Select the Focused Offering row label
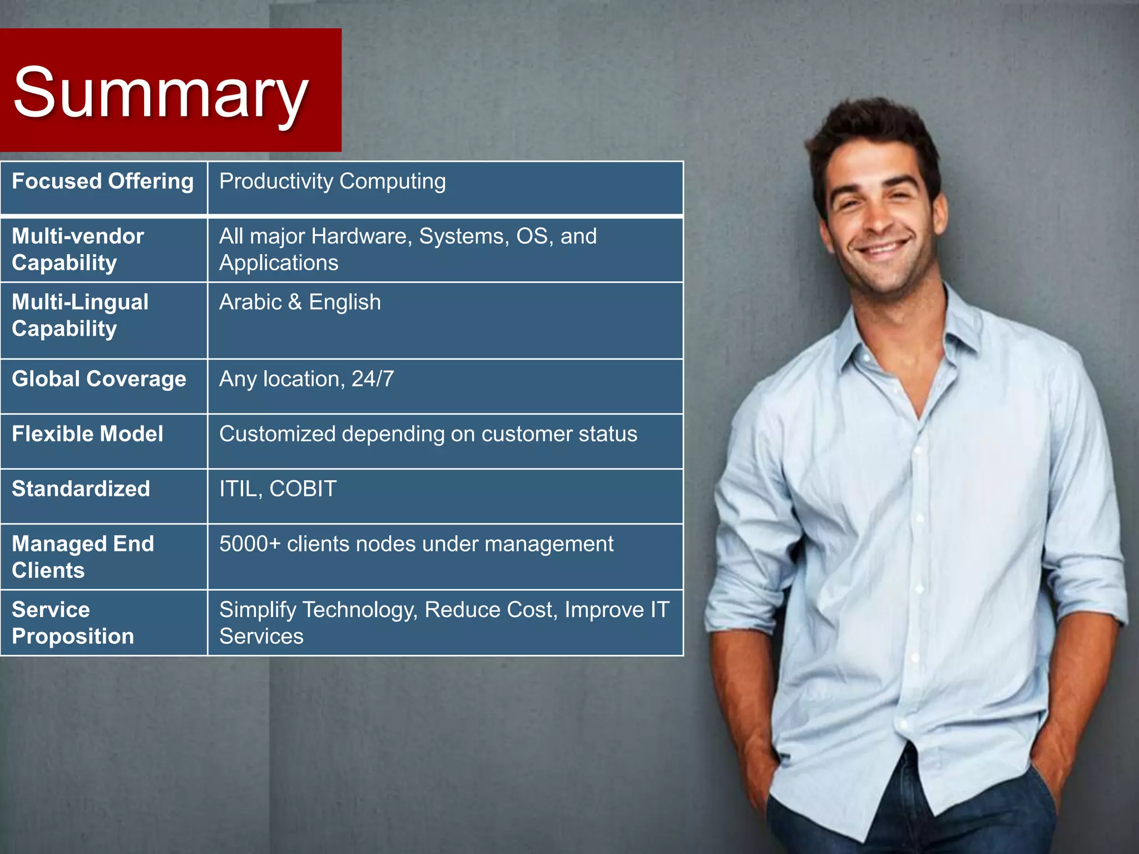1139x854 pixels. pyautogui.click(x=103, y=181)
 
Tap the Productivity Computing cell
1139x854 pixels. pyautogui.click(x=332, y=181)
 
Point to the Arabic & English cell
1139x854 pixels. pyautogui.click(x=300, y=302)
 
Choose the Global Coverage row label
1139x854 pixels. pyautogui.click(x=99, y=379)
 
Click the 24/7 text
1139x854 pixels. pyautogui.click(x=373, y=379)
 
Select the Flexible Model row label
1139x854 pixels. pyautogui.click(x=87, y=434)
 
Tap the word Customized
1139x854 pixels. pyautogui.click(x=277, y=434)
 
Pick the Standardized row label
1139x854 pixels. pyautogui.click(x=81, y=489)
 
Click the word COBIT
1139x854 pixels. pyautogui.click(x=303, y=489)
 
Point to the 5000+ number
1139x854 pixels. pyautogui.click(x=250, y=544)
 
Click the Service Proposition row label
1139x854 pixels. pyautogui.click(x=72, y=623)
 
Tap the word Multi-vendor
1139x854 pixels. pyautogui.click(x=78, y=236)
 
